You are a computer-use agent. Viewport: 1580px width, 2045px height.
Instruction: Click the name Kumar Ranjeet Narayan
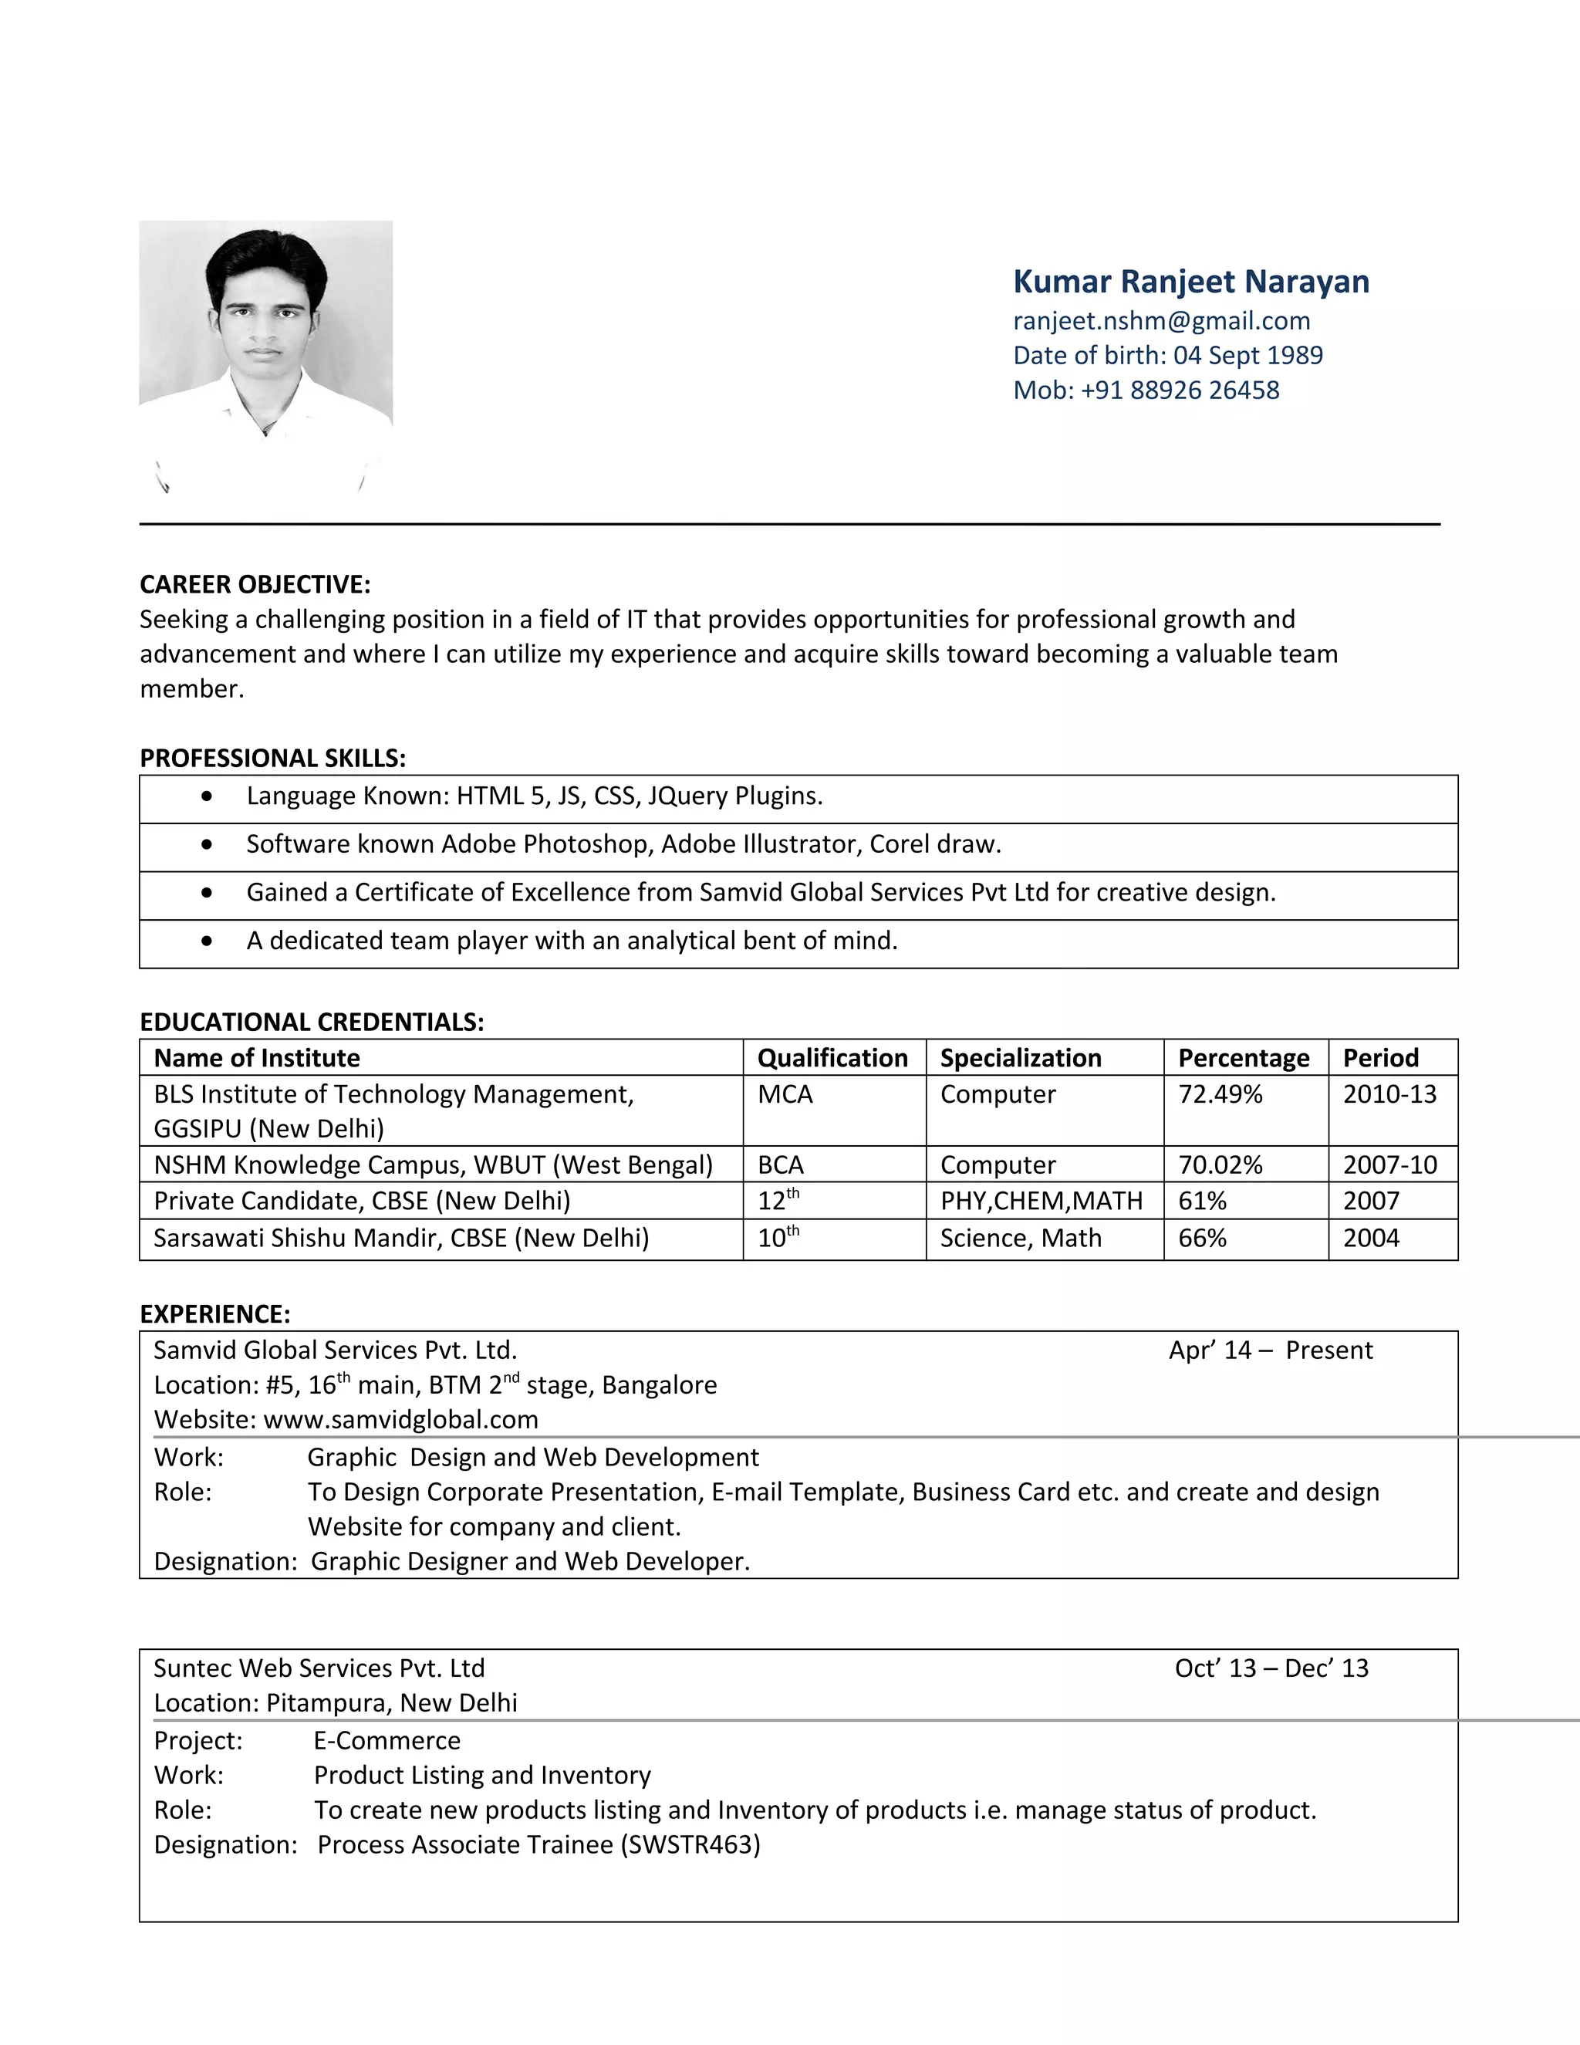1190,281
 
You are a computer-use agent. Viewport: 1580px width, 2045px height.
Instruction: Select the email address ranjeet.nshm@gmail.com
1160,320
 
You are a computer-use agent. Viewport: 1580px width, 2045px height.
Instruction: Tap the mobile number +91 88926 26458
1180,390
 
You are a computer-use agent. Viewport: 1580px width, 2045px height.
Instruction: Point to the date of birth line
1167,355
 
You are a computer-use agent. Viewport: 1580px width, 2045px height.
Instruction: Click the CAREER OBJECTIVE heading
255,584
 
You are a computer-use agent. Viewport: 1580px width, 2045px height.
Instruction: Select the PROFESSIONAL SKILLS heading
272,758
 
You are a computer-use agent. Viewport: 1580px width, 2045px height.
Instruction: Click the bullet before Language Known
207,796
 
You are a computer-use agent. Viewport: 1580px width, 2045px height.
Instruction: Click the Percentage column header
1243,1057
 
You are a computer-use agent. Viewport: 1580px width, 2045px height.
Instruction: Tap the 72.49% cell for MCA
1220,1093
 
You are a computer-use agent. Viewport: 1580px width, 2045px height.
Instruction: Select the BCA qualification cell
781,1164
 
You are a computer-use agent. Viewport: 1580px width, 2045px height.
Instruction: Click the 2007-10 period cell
1389,1164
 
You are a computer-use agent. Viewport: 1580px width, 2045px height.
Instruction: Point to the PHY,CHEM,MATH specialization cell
1041,1201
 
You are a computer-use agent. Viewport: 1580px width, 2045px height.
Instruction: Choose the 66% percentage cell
1202,1237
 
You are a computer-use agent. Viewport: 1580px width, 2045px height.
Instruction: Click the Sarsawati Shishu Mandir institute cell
400,1237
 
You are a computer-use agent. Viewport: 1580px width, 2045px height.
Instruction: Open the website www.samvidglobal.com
400,1418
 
